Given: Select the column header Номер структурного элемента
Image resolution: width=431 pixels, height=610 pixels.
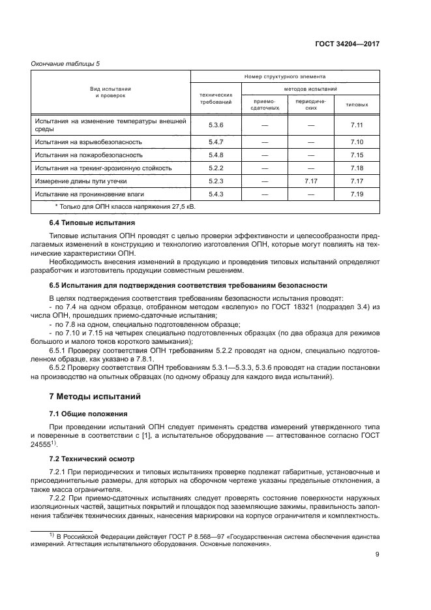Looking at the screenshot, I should (x=284, y=76).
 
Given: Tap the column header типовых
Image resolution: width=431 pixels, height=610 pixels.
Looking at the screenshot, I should (x=356, y=104).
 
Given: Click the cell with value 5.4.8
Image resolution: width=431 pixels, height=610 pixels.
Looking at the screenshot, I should (x=216, y=155).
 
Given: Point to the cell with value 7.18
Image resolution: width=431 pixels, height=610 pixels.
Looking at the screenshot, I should (x=356, y=168).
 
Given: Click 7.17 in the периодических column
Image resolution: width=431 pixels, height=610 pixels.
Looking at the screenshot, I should (x=310, y=181).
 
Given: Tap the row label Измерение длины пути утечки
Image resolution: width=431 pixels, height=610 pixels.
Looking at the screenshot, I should (x=81, y=181).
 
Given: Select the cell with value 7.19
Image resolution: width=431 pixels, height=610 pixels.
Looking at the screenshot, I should (x=356, y=194).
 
